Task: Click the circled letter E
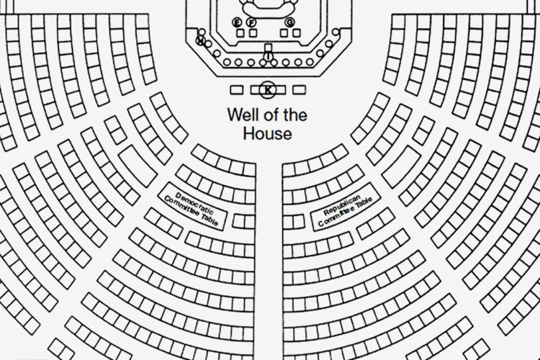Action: point(239,22)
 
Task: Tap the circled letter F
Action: point(251,22)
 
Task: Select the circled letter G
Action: point(290,22)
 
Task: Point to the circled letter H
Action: point(201,40)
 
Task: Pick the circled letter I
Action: point(269,55)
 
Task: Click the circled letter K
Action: point(268,89)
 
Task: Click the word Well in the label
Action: point(241,114)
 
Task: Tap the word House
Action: point(268,133)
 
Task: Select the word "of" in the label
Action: point(268,114)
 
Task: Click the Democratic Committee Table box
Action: point(192,207)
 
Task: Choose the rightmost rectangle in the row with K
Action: point(300,90)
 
